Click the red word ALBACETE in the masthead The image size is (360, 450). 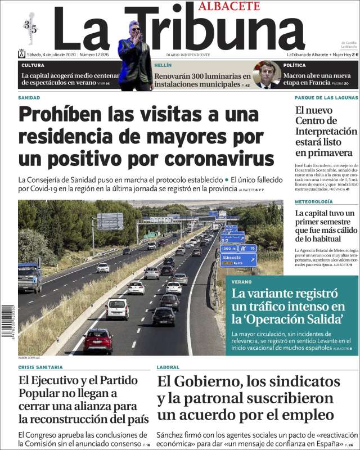point(228,6)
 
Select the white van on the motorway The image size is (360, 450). point(117,309)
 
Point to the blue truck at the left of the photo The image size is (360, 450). point(30,277)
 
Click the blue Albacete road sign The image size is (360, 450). point(238,259)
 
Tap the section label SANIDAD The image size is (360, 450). point(29,97)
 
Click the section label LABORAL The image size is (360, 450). point(168,367)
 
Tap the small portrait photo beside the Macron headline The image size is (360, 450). point(267,75)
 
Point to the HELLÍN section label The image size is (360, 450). point(164,65)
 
